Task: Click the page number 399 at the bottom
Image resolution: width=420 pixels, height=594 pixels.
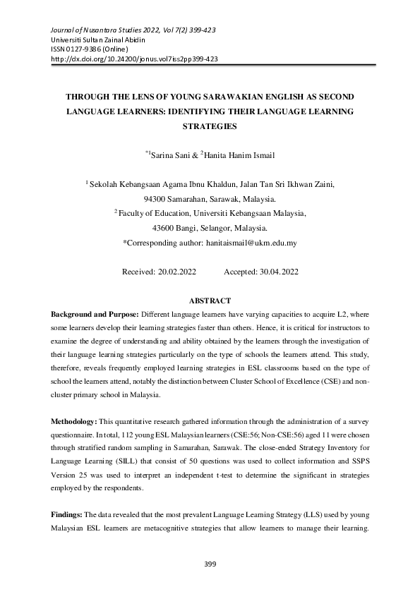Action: [x=210, y=564]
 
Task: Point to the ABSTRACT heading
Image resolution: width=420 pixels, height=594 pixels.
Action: [x=210, y=301]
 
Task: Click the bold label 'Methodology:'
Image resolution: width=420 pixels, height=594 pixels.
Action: [x=77, y=421]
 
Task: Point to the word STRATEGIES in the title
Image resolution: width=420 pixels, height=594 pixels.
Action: [x=210, y=128]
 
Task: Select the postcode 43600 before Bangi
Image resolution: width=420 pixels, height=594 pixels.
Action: [x=166, y=228]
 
